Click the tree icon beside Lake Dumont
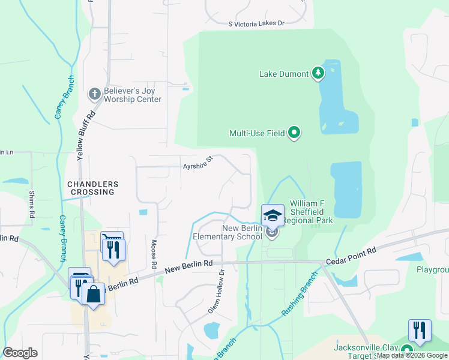[x=318, y=74]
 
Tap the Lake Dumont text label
[x=284, y=74]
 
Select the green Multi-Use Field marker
[x=294, y=133]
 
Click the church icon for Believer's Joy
[x=94, y=94]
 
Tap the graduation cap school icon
[x=273, y=215]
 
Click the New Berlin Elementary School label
[x=228, y=232]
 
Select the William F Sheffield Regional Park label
[x=312, y=212]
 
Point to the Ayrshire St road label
[x=198, y=163]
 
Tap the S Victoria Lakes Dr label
[x=256, y=23]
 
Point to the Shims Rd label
[x=32, y=205]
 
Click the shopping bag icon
[x=93, y=295]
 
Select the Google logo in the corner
[x=20, y=353]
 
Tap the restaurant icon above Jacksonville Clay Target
[x=420, y=331]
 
